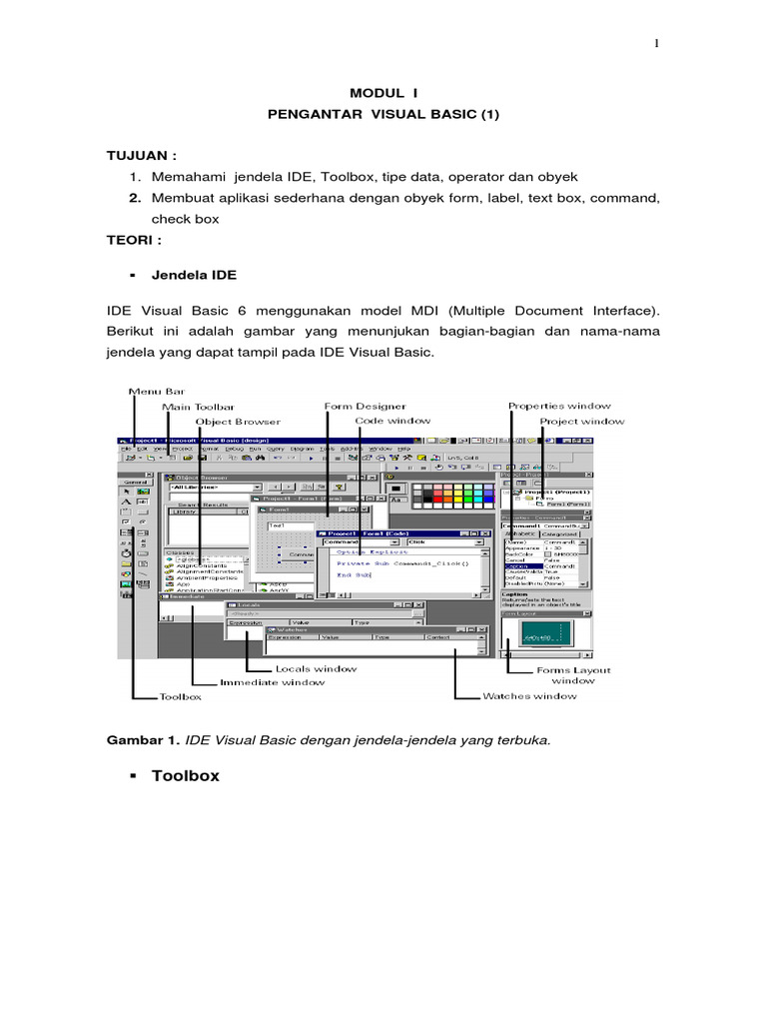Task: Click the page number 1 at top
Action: click(656, 43)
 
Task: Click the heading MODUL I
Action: click(383, 92)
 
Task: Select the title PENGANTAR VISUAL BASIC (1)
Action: click(383, 115)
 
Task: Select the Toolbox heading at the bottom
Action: click(185, 775)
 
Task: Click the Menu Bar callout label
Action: click(155, 391)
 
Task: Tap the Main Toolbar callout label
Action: click(199, 407)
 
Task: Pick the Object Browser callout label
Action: click(238, 422)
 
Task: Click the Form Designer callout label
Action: click(365, 406)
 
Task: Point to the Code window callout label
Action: click(392, 421)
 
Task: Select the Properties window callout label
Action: click(559, 406)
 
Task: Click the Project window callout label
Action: click(582, 422)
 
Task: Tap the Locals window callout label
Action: click(315, 668)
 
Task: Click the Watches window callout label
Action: click(529, 695)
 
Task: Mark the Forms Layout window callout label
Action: click(573, 675)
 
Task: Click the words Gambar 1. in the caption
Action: click(143, 741)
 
